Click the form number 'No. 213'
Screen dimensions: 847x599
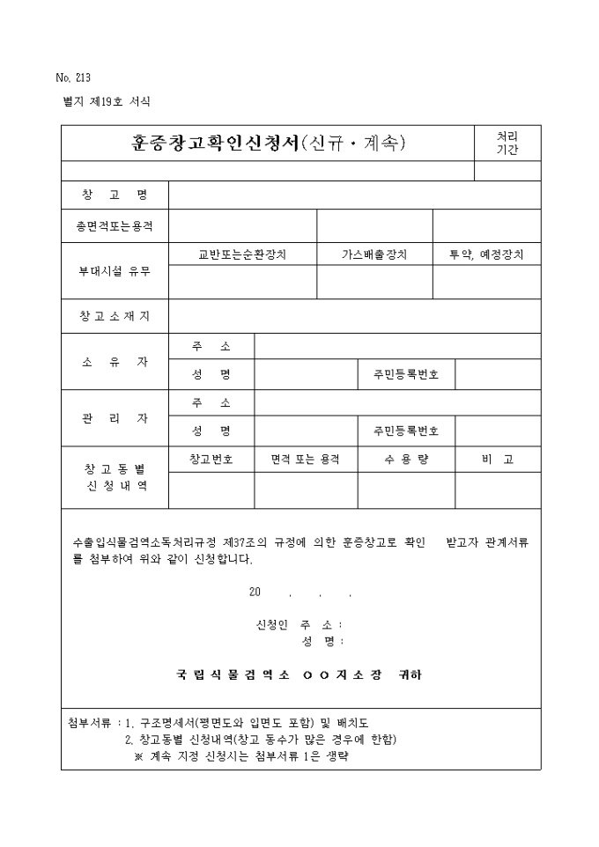coord(73,77)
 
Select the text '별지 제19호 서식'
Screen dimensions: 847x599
coord(102,101)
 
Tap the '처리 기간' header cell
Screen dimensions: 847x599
coord(507,143)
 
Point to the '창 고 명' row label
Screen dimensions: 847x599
coord(115,195)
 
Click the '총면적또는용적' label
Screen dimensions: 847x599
coord(115,226)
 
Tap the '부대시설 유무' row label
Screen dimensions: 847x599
coord(115,270)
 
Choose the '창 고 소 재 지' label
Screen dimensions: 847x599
coord(115,317)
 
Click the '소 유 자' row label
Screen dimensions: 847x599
coord(115,362)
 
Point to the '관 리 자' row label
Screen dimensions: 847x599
coord(115,417)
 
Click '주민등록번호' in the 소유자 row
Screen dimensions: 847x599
coord(406,375)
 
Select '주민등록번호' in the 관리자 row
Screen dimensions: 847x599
coord(406,431)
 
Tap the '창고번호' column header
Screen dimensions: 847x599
coord(211,460)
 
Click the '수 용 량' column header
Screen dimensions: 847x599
coord(406,460)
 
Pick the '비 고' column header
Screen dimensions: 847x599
coord(498,460)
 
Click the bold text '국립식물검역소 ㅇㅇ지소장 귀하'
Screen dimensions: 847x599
coord(299,675)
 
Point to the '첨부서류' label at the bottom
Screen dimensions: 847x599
coord(89,724)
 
